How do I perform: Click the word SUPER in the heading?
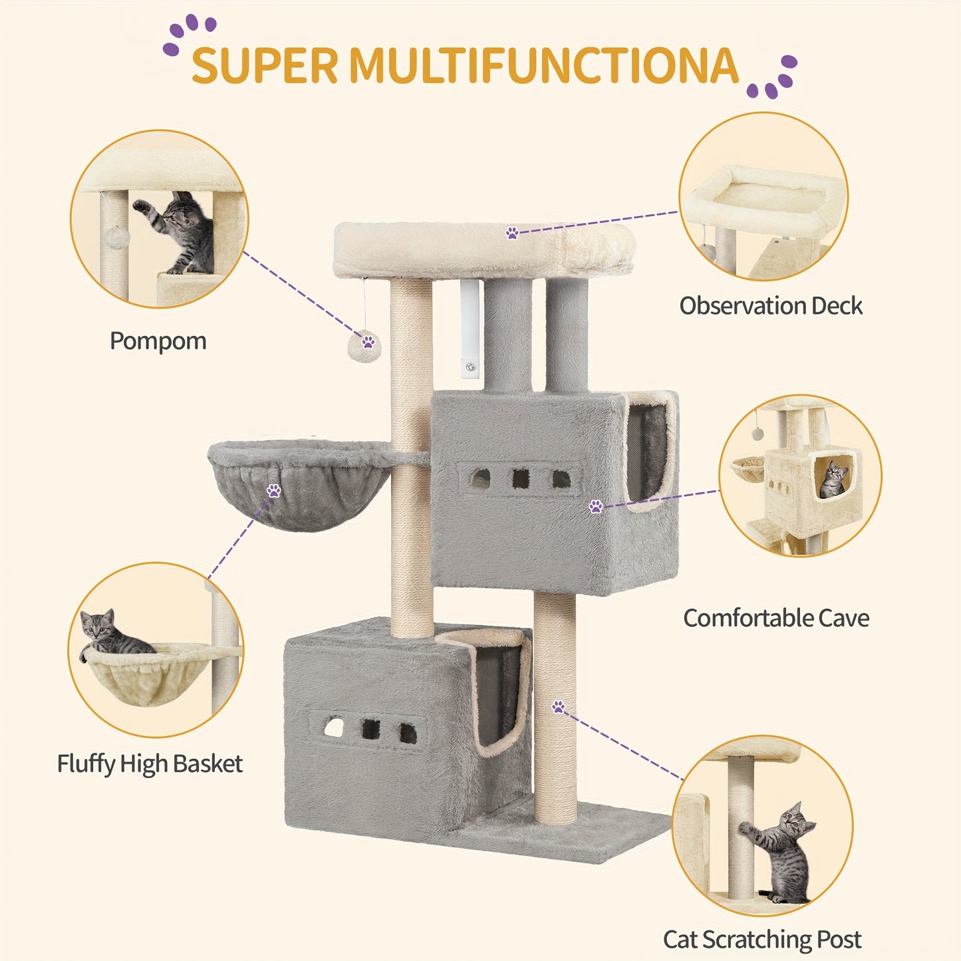[265, 66]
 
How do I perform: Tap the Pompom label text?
[158, 341]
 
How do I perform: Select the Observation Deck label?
[771, 306]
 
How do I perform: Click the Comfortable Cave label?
[776, 618]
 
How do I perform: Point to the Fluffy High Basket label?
[150, 763]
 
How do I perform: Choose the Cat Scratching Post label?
[762, 940]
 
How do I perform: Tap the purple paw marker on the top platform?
[512, 233]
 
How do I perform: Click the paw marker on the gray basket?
[273, 491]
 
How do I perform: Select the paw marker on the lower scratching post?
[558, 707]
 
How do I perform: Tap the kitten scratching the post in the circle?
[783, 853]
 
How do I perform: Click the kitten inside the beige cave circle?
[833, 480]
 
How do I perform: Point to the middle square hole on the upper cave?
[520, 478]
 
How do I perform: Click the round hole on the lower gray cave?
[334, 728]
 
